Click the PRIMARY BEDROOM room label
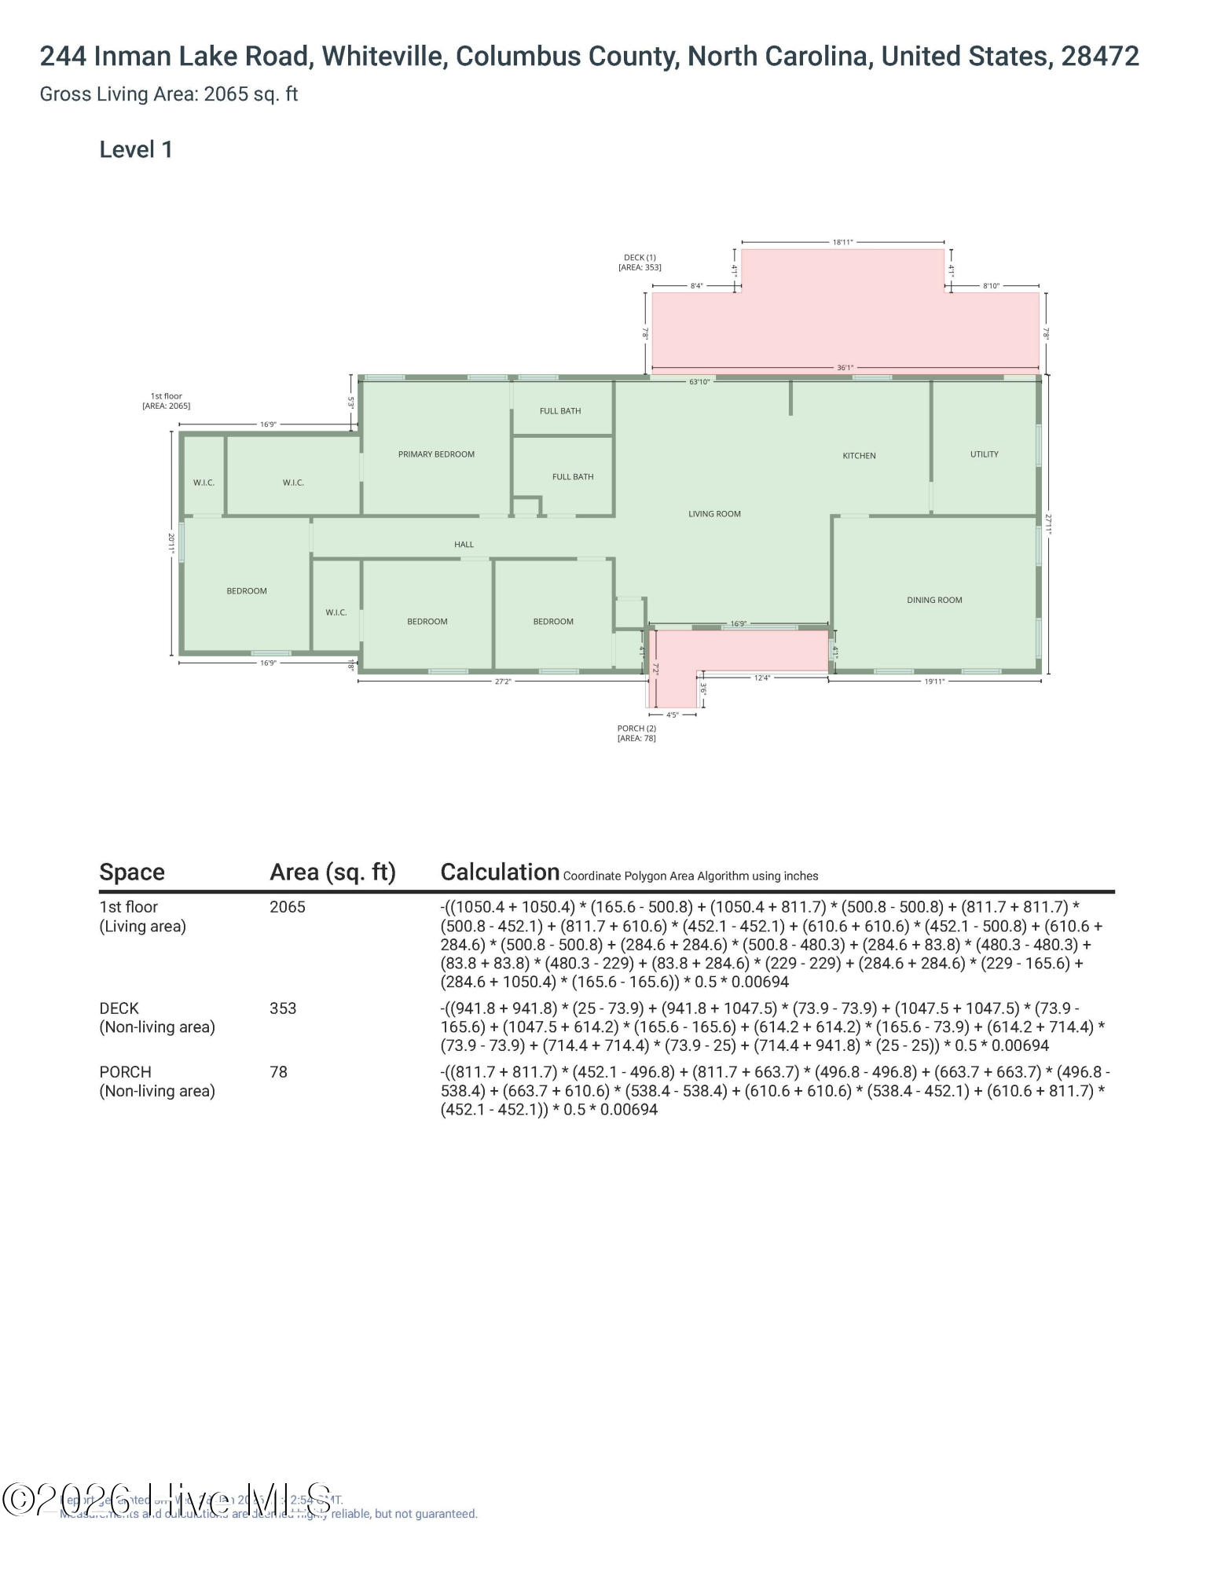436,454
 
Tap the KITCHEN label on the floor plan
859,456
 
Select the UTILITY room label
984,454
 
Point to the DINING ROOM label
934,601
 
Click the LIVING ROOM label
714,514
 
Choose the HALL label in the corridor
464,545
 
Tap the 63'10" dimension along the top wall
699,382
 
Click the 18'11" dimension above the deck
842,242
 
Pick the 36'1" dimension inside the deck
845,368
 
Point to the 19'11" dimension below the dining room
933,681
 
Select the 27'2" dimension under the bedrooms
503,681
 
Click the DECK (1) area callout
640,263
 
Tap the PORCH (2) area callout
636,733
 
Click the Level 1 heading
136,150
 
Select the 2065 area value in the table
287,907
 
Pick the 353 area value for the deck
283,1008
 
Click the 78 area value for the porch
278,1072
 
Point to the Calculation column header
500,872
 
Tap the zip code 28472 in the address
1099,57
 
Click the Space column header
132,872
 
